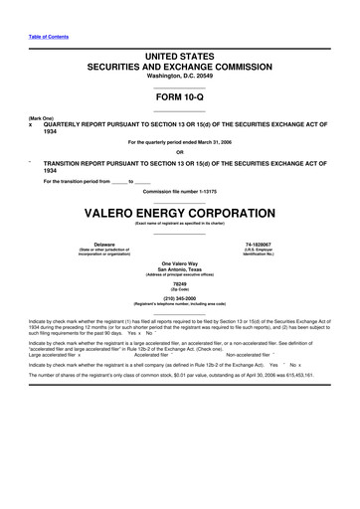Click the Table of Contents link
pos(49,37)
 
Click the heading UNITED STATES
pos(179,60)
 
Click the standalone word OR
pos(179,152)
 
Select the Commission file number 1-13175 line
pos(180,192)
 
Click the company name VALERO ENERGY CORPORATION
pos(179,214)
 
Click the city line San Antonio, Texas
pos(180,268)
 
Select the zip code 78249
pos(180,283)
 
